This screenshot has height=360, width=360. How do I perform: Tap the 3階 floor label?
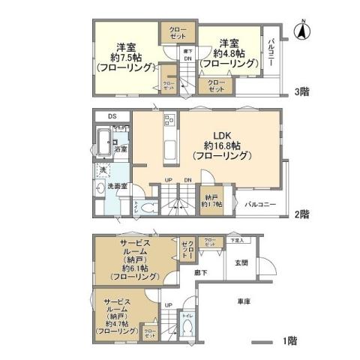[x=302, y=92]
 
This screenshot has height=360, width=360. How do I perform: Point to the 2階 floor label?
[x=302, y=214]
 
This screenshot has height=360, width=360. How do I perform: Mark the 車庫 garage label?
[x=244, y=301]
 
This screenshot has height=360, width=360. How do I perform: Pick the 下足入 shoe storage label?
[x=237, y=241]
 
